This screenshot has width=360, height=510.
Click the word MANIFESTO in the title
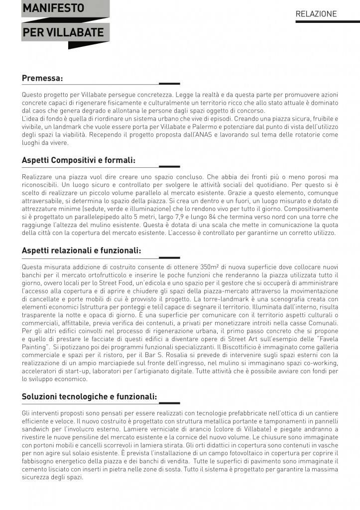click(53, 8)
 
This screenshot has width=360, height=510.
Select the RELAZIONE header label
click(316, 14)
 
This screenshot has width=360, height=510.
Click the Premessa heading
click(42, 78)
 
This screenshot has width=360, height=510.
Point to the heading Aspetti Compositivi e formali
click(79, 160)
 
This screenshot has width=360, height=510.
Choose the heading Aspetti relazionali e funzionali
click(81, 251)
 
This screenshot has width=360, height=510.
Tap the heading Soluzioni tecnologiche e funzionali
click(89, 396)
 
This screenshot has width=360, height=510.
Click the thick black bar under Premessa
click(169, 83)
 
